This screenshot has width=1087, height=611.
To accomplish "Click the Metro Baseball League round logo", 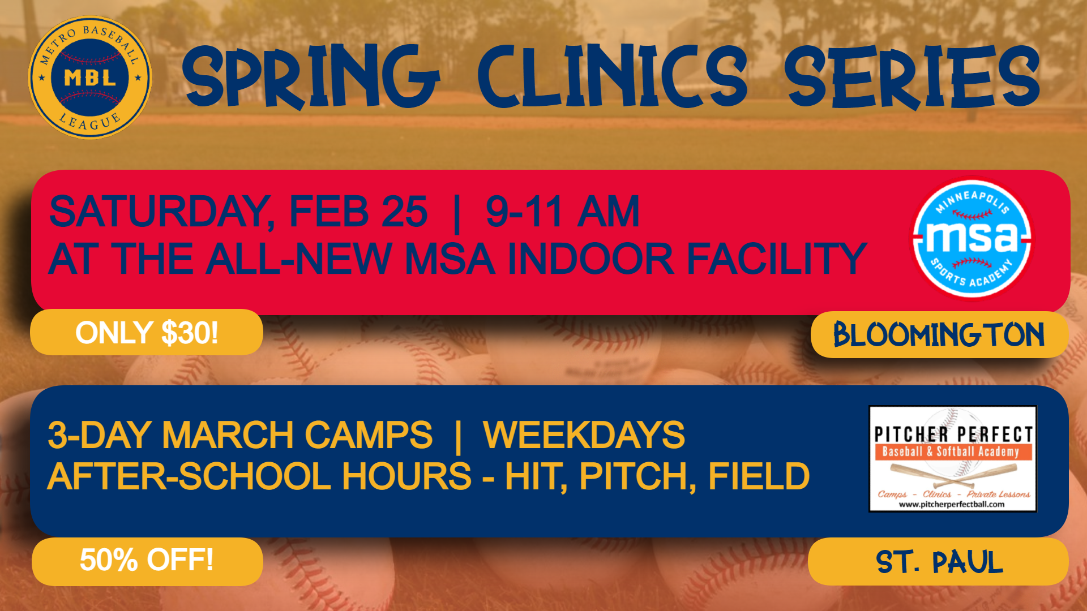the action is pos(90,78).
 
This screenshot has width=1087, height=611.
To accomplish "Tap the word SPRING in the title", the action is pos(311,76).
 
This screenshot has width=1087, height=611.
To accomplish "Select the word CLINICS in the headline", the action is pos(613,76).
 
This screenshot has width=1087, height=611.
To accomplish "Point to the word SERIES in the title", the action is pos(911,77).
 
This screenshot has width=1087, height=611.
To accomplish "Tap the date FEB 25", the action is pos(358,212).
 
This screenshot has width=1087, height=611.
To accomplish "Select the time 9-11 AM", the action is pos(563,212).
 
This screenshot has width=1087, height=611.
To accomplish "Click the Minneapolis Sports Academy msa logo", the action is pos(972,238).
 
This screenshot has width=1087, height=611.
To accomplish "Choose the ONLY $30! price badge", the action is pos(147,332).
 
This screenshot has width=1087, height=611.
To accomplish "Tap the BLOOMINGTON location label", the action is pos(939,334).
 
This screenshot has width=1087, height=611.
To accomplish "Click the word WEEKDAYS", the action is pos(584,435).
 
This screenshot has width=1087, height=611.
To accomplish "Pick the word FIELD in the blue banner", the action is pos(759,476).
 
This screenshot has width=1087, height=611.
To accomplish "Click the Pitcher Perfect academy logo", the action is pos(953,459).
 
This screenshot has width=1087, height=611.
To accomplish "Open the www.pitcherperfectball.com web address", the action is pos(952,505).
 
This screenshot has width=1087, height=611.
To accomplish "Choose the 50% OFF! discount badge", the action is pos(147,561).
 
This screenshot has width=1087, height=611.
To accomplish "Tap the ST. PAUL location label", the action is pos(938,562).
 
